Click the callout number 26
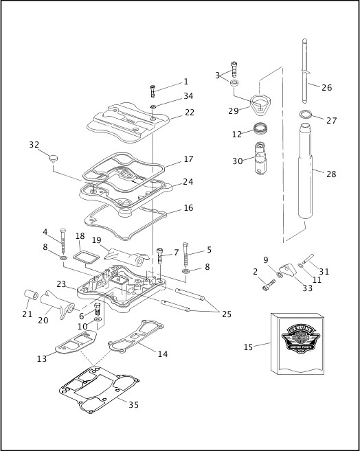(x=327, y=87)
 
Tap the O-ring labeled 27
(x=306, y=114)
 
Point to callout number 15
(x=249, y=347)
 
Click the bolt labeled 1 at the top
(x=153, y=91)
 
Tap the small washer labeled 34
(x=153, y=106)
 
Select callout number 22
(x=189, y=113)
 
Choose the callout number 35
(x=134, y=404)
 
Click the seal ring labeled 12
(x=260, y=128)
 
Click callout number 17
(x=189, y=159)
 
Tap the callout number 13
(x=41, y=359)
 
